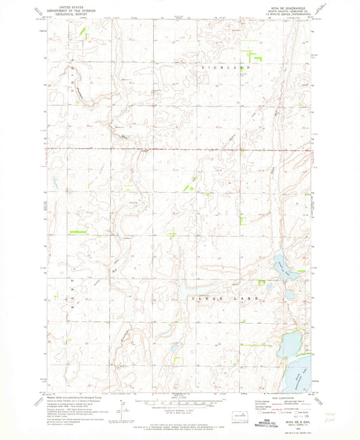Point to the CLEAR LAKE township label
218,297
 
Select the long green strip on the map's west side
79,231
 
